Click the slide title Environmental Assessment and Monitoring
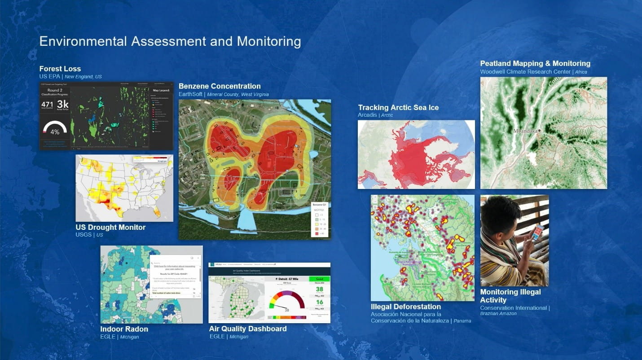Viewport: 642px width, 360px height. (170, 41)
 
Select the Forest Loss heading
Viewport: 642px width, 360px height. (60, 69)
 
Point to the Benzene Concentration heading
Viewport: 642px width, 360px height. (220, 86)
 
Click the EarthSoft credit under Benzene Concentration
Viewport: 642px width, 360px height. (190, 95)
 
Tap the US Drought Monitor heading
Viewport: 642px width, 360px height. (110, 227)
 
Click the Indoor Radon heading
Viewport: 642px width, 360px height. (124, 329)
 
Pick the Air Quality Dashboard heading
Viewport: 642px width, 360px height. (247, 329)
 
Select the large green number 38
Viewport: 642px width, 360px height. (319, 290)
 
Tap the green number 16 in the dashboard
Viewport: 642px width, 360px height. (319, 303)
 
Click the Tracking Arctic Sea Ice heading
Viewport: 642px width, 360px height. (398, 107)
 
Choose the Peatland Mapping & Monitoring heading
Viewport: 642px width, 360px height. (535, 63)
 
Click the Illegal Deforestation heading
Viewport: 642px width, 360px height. (406, 307)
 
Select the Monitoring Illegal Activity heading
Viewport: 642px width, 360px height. (510, 296)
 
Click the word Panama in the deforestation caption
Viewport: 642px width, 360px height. (462, 321)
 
